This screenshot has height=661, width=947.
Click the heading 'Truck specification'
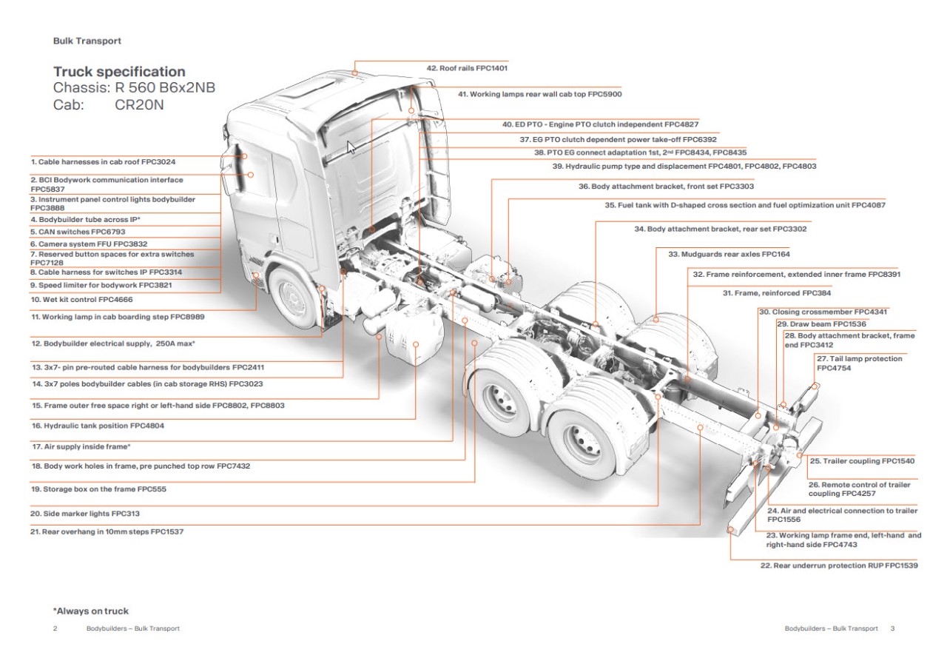(119, 72)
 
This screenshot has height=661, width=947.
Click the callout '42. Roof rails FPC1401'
(467, 68)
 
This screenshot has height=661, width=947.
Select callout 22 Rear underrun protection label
(839, 566)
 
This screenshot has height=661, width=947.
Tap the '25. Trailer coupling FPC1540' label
(862, 461)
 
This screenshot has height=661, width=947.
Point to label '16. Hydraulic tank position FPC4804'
(98, 426)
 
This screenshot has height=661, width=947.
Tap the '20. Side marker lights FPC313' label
(85, 513)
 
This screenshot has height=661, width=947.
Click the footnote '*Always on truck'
(90, 611)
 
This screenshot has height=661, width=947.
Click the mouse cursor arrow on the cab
(351, 147)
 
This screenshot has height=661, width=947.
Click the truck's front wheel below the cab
(294, 298)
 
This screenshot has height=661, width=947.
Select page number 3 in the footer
(892, 628)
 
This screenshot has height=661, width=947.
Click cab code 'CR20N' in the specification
(139, 105)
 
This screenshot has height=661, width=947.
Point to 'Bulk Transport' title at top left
(87, 41)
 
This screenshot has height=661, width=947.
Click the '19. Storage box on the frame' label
(98, 489)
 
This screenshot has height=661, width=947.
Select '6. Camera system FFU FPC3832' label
(88, 244)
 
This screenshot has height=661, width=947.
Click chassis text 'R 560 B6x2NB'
(165, 88)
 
